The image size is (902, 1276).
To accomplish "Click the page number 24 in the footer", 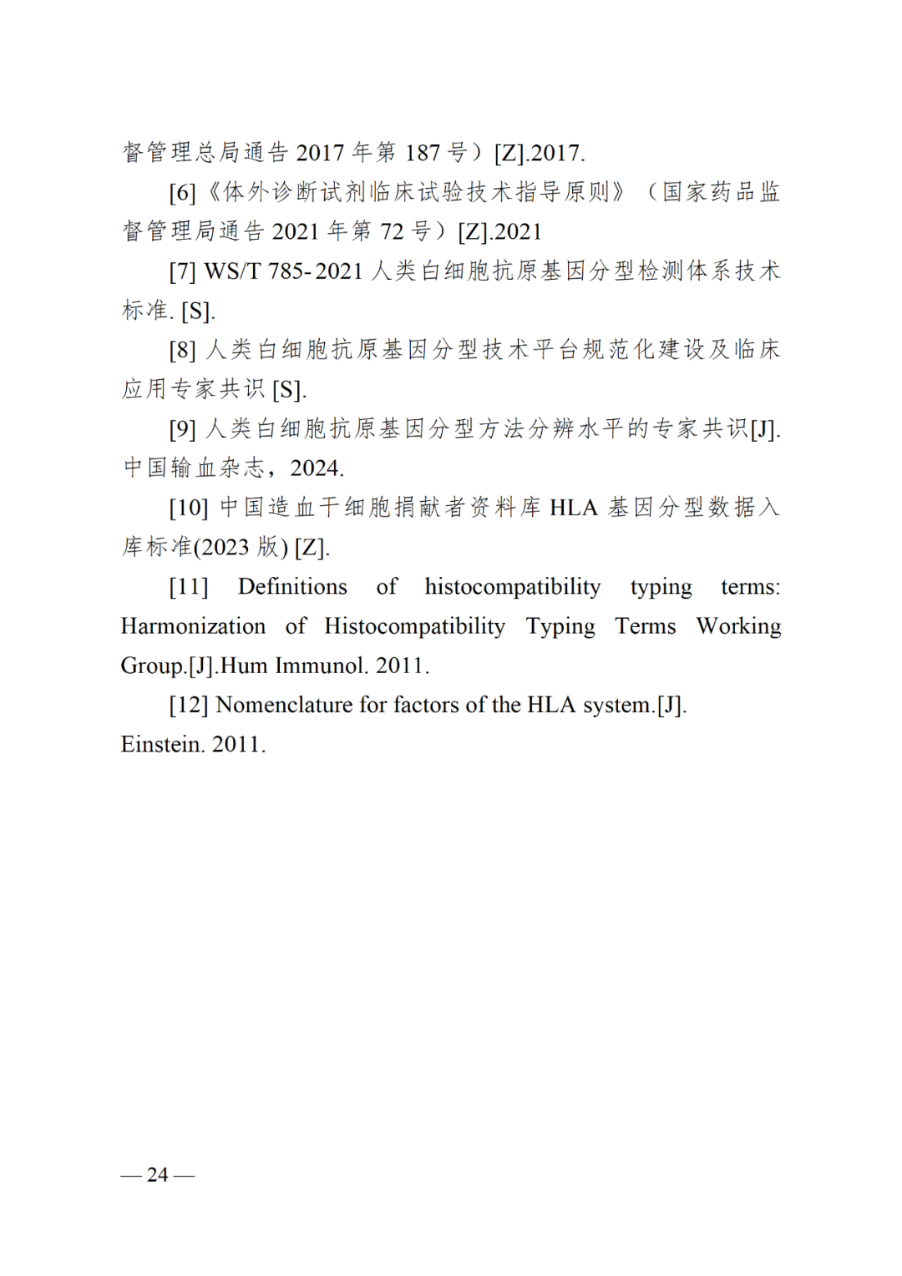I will click(x=157, y=1174).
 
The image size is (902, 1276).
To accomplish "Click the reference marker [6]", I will click(x=182, y=193).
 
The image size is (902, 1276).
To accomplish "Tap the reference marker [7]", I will click(x=182, y=271).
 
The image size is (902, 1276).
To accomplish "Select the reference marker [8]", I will click(x=182, y=350).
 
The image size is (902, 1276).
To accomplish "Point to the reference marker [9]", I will click(x=182, y=429).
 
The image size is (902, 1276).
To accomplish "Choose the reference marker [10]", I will click(x=188, y=508).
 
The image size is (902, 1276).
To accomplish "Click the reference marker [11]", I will click(x=188, y=587).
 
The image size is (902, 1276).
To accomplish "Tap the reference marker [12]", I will click(x=188, y=706).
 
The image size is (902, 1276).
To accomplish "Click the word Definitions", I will click(x=292, y=587).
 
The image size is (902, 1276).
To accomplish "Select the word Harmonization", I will click(x=193, y=626).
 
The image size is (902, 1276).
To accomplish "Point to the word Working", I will click(x=738, y=626).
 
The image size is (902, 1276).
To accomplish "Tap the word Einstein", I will click(x=162, y=744).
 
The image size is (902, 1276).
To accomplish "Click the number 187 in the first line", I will click(x=422, y=153).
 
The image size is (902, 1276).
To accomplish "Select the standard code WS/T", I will click(x=232, y=271).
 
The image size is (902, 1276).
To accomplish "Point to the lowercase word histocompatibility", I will click(x=512, y=587).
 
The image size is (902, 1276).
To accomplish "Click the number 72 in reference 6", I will click(x=392, y=232).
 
